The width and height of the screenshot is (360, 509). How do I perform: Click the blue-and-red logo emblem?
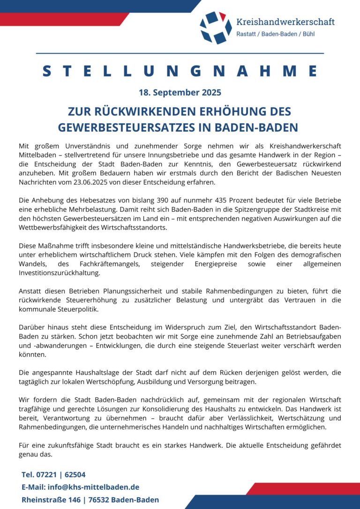point(216,27)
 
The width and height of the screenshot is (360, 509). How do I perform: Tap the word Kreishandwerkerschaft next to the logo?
point(285,22)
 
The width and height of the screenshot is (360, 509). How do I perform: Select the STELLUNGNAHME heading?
point(180,71)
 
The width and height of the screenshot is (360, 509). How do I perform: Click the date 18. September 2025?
point(180,92)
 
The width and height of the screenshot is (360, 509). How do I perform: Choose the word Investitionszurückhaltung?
point(53,273)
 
